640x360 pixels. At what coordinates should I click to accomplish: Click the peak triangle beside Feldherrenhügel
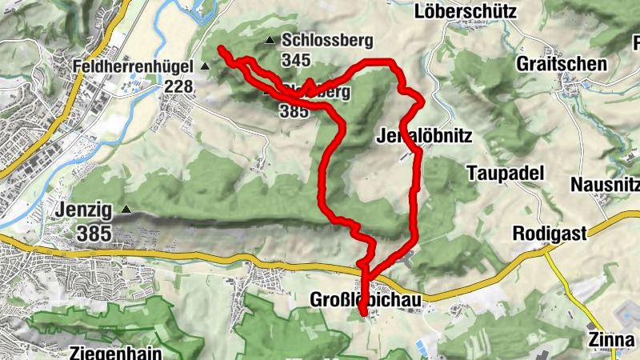[x=206, y=66]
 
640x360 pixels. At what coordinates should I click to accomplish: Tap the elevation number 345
[x=295, y=59]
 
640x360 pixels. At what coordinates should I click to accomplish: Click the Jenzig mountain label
[x=84, y=210]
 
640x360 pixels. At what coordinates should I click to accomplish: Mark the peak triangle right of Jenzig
[x=126, y=210]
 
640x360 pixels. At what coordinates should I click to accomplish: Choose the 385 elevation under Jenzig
[x=94, y=234]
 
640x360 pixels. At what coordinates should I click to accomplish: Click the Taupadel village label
[x=505, y=173]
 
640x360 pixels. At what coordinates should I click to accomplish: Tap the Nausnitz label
[x=605, y=184]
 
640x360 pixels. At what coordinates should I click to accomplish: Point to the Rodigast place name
[x=550, y=234]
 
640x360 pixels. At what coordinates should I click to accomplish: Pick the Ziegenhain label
[x=115, y=353]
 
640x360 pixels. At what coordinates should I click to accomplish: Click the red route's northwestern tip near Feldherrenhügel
[x=221, y=50]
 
